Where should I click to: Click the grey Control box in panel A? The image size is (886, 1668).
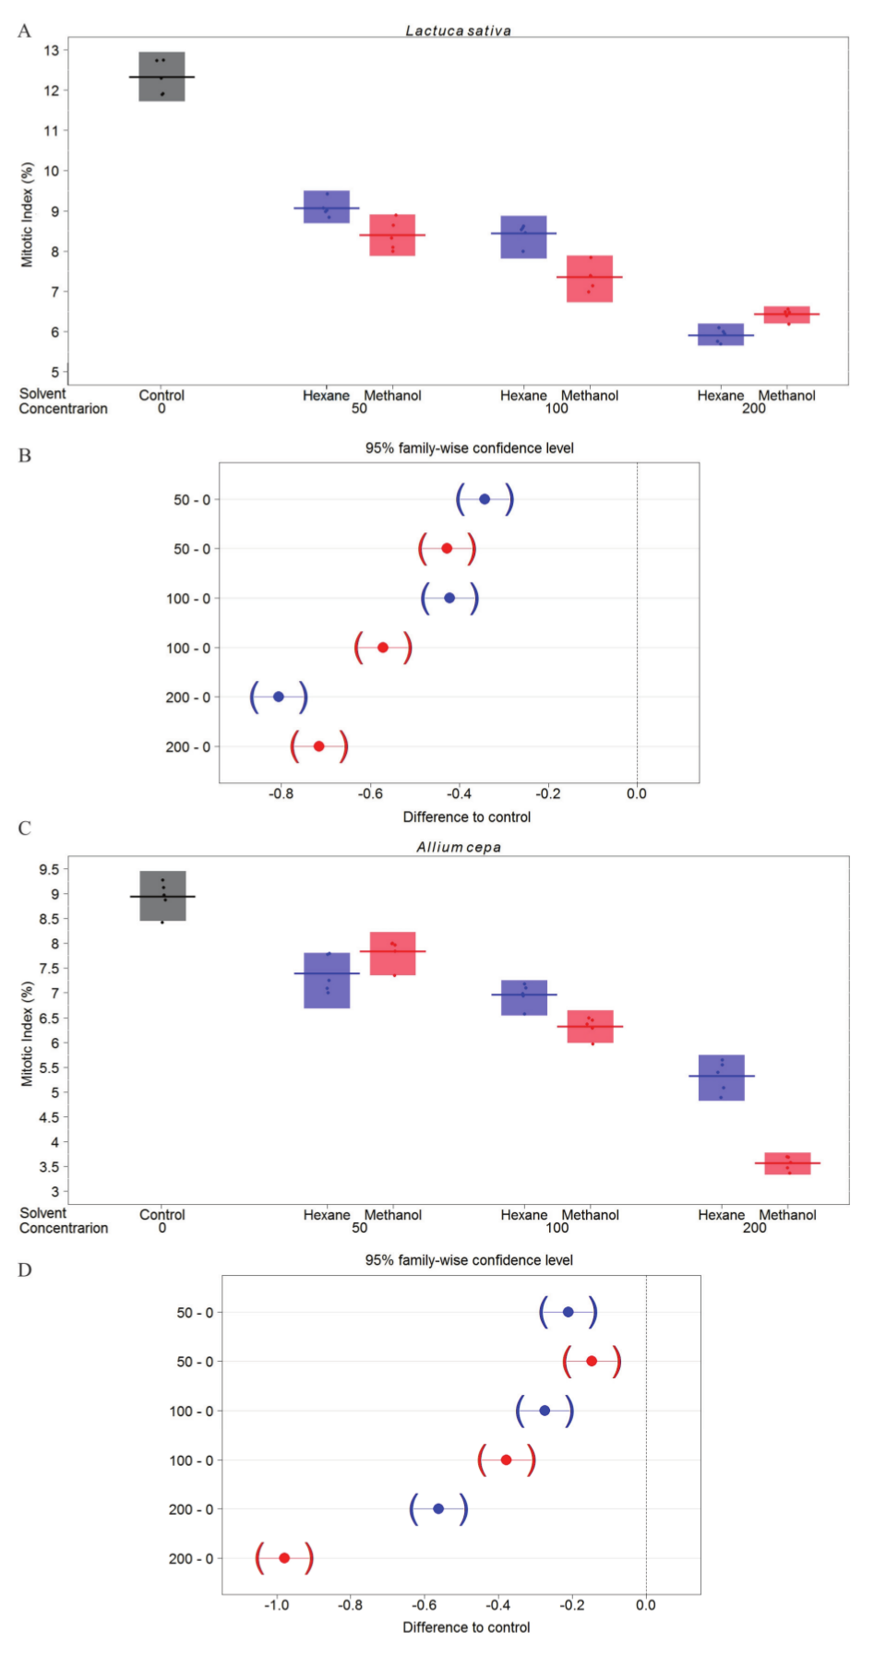tap(162, 77)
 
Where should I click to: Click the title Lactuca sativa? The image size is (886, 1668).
tap(458, 30)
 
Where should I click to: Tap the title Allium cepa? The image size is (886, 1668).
tap(459, 847)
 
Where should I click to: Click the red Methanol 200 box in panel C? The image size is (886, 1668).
tap(787, 1163)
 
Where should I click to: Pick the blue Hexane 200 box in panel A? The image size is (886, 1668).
tap(721, 334)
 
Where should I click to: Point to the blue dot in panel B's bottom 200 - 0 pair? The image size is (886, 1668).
tap(279, 697)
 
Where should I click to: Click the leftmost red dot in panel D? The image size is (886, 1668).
tap(284, 1558)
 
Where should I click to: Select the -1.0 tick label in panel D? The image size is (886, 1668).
tap(276, 1605)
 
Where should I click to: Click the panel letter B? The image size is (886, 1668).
tap(25, 456)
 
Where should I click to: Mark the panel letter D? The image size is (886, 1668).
tap(25, 1270)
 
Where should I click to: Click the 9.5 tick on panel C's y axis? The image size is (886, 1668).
tap(49, 869)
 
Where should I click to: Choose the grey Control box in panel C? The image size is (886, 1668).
tap(162, 896)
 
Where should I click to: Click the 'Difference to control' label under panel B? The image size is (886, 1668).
tap(467, 816)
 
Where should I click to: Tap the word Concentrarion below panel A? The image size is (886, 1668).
tap(64, 409)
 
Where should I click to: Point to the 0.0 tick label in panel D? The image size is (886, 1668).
tap(645, 1605)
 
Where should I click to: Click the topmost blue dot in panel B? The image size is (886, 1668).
tap(485, 499)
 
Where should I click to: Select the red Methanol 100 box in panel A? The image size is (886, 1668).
tap(590, 279)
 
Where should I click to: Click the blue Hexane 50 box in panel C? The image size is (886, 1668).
tap(327, 980)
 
